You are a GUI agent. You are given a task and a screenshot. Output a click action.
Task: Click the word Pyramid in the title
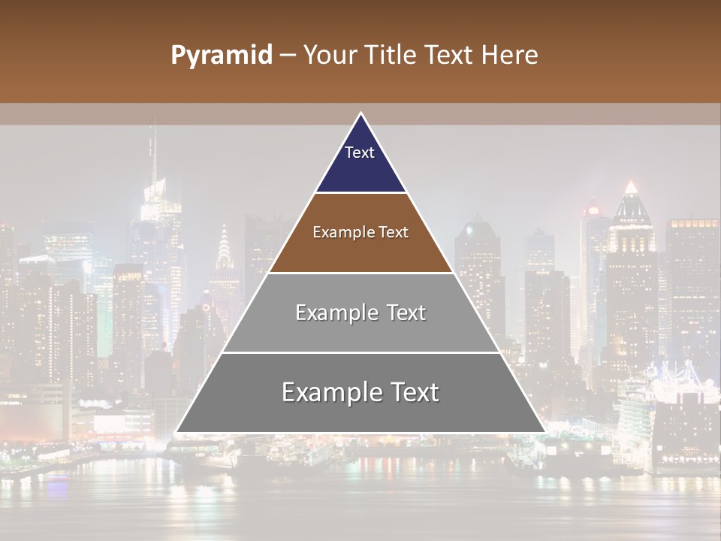221,56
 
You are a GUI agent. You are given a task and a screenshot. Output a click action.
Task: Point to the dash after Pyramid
287,56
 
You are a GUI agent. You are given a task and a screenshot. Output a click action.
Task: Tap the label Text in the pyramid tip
359,153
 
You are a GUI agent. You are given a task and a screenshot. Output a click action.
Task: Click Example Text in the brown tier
360,232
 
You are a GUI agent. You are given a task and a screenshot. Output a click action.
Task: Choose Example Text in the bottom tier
360,392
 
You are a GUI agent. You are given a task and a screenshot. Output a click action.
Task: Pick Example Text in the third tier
360,313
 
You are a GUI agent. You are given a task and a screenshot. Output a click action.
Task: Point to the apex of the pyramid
360,114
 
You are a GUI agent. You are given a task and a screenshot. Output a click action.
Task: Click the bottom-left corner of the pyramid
177,431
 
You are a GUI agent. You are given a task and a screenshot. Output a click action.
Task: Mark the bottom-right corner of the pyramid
544,431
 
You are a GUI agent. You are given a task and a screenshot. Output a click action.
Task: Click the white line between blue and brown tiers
360,192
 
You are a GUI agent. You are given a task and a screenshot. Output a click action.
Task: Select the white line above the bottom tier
360,352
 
